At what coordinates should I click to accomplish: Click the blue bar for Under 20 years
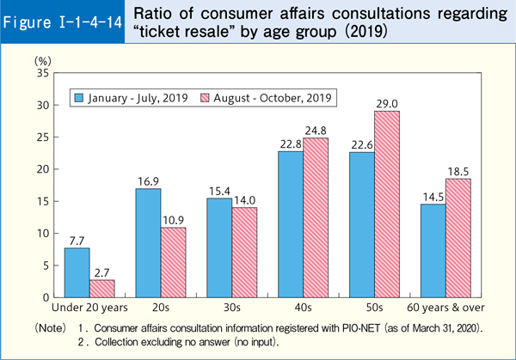tap(77, 272)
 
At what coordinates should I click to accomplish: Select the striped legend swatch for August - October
tap(205, 97)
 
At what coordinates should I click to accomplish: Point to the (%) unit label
tap(42, 61)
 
